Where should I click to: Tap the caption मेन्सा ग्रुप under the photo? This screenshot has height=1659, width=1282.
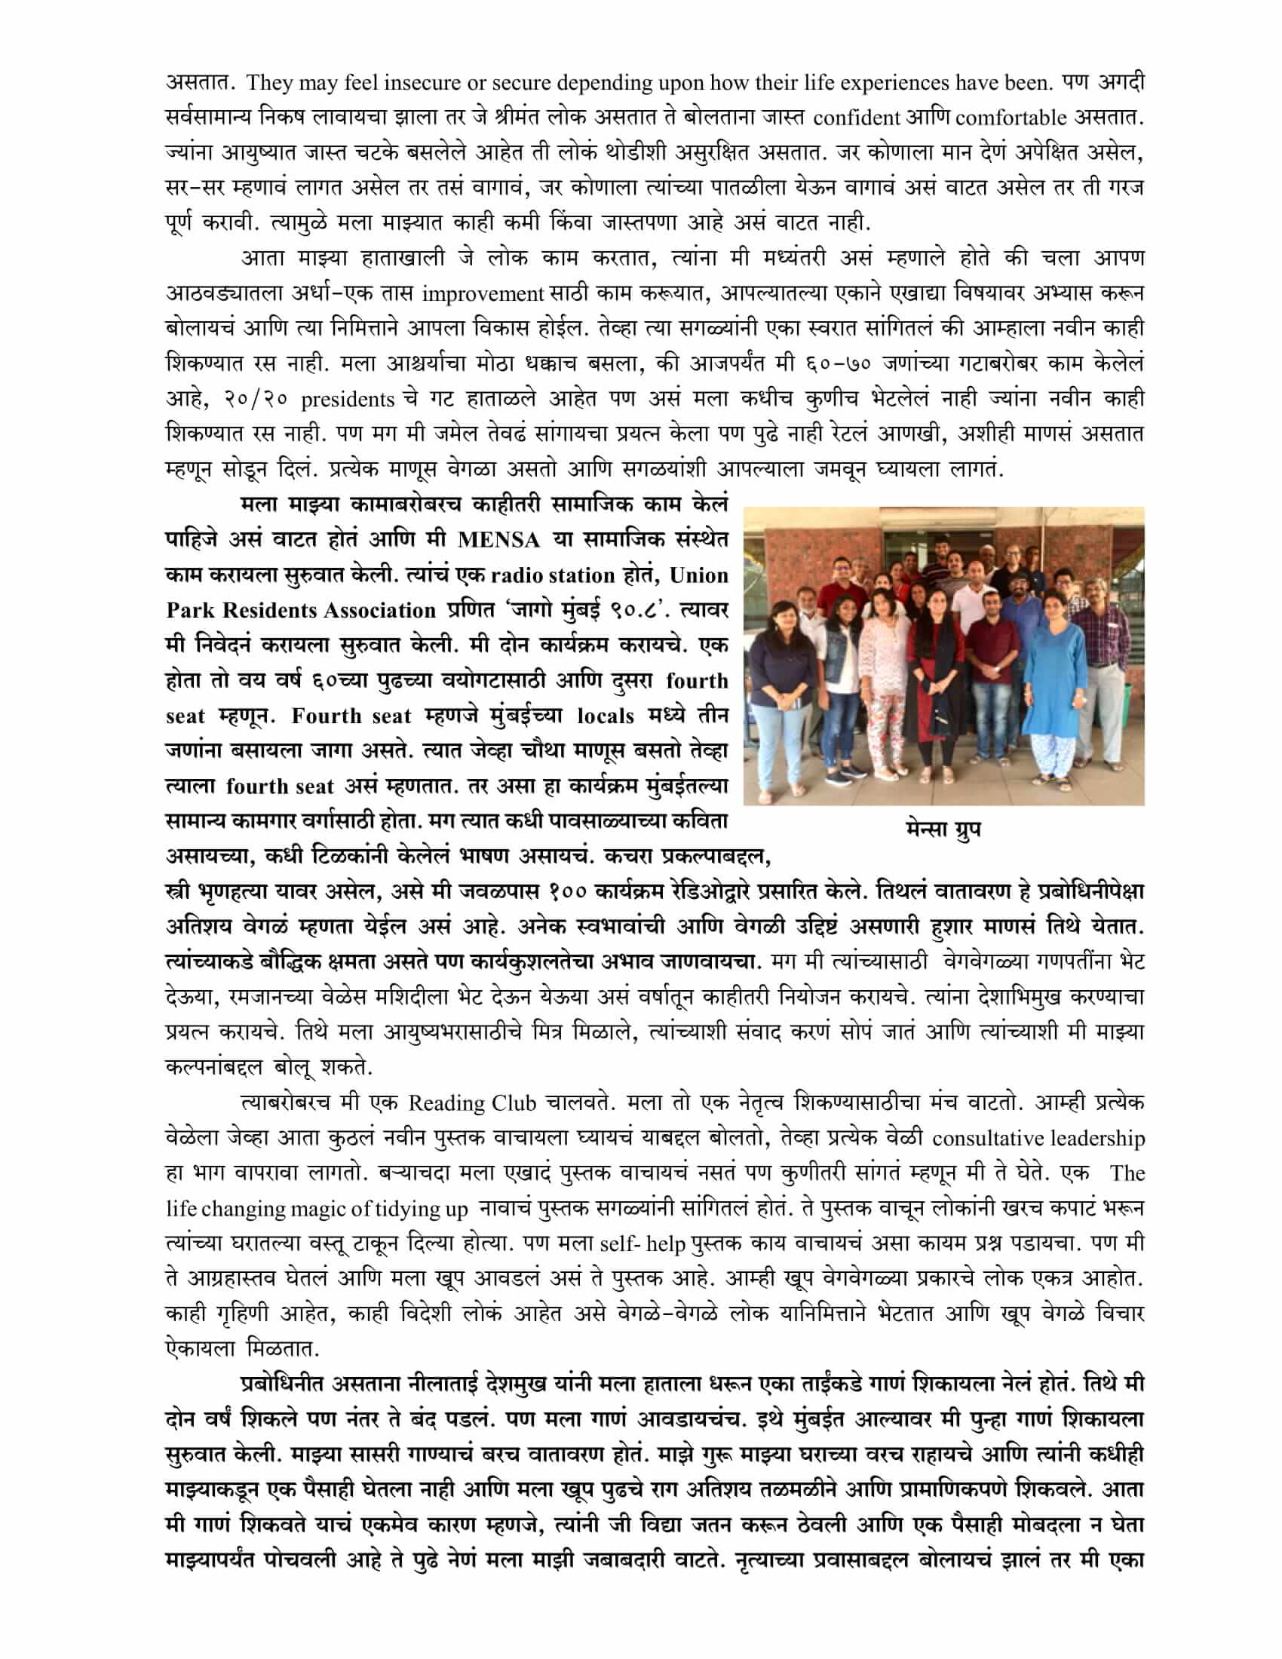pyautogui.click(x=943, y=828)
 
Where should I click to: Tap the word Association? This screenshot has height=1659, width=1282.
pyautogui.click(x=378, y=611)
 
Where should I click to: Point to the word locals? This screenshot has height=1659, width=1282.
pyautogui.click(x=605, y=716)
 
